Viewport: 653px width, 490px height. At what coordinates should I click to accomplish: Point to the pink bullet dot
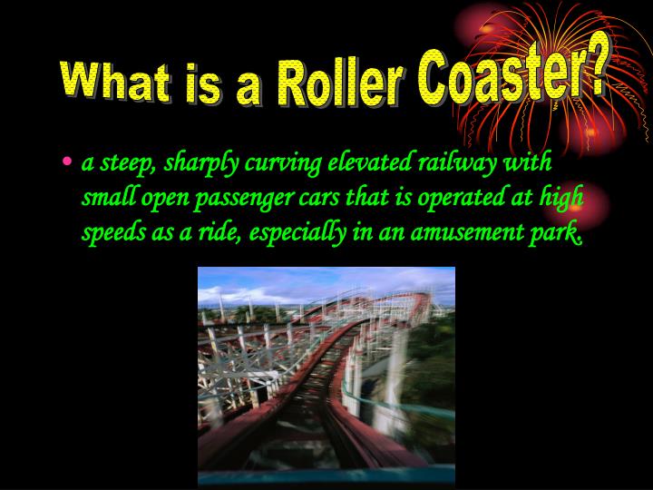coord(68,163)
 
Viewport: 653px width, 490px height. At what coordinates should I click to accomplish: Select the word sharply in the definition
coord(193,164)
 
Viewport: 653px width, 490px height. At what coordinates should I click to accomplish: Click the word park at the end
coord(557,233)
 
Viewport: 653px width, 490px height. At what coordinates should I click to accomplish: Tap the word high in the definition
coord(560,198)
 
